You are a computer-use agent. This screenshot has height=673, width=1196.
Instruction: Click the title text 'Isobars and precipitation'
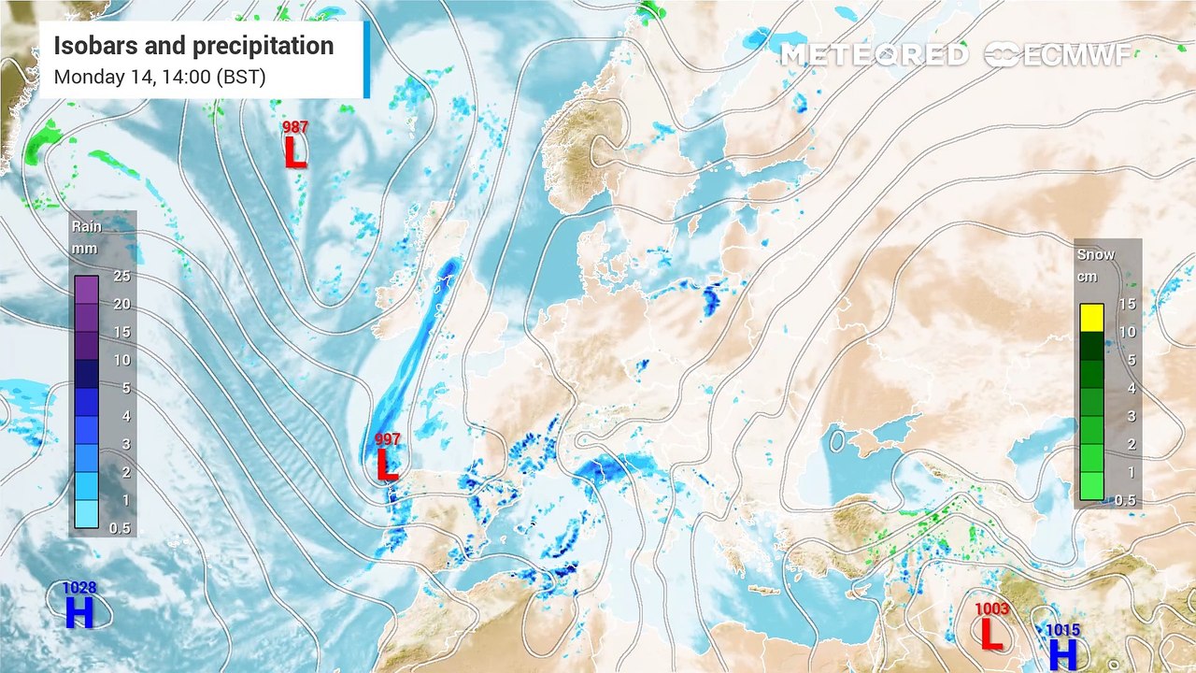(193, 46)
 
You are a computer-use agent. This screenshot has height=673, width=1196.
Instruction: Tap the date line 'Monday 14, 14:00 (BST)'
(160, 77)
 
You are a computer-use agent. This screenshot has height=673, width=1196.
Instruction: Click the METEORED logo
(874, 55)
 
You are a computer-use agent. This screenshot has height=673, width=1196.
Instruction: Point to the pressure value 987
(295, 127)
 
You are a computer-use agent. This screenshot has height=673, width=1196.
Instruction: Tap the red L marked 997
(386, 464)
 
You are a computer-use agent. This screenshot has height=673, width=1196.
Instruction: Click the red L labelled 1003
(991, 633)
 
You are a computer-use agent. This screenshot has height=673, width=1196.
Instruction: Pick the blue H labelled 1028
(79, 613)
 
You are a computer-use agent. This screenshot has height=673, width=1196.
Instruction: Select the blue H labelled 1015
(1063, 652)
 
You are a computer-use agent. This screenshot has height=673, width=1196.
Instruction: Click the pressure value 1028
(79, 588)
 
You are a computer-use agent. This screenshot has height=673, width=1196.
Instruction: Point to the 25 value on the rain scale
(121, 276)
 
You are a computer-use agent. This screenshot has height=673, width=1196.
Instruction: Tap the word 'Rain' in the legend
(87, 226)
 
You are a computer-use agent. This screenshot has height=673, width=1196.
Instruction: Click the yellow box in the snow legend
(1091, 318)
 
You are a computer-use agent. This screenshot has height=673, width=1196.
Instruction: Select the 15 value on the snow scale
(1126, 304)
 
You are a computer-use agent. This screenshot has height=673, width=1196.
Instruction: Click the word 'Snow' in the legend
(1096, 254)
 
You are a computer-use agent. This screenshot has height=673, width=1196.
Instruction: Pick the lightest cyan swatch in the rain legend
(87, 514)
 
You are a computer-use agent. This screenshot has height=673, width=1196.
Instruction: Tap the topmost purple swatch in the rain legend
(87, 290)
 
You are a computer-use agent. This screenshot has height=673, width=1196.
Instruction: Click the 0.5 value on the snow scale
(1125, 500)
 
